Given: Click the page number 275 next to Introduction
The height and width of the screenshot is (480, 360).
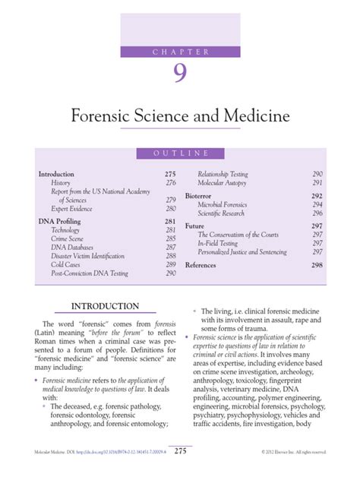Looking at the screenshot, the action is click(x=170, y=174).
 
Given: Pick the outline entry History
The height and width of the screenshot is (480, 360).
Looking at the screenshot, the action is click(x=61, y=183).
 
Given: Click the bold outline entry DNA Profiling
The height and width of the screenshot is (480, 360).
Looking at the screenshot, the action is click(x=59, y=221).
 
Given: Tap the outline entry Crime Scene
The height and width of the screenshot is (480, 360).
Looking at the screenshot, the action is click(x=67, y=238).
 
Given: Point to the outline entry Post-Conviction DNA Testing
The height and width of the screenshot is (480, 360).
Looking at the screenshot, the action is click(x=88, y=272).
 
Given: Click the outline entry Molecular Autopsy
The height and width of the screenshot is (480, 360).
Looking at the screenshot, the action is click(x=222, y=183).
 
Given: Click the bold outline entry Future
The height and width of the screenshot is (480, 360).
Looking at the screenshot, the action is click(x=195, y=226).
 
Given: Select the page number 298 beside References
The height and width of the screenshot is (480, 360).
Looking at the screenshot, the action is click(x=317, y=265).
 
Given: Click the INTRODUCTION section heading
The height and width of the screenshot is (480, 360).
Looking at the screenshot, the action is click(x=104, y=306).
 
